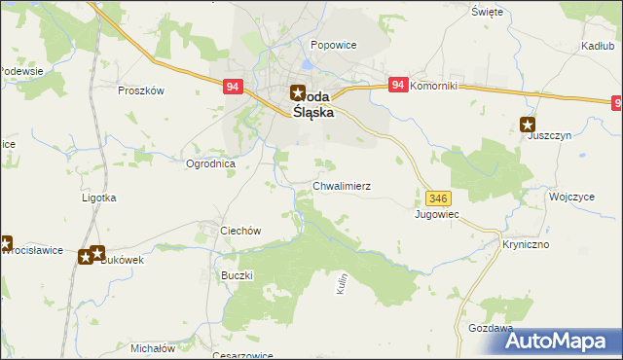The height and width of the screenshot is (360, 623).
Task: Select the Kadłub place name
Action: coord(595,46)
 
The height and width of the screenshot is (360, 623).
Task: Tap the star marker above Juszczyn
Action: coord(528,124)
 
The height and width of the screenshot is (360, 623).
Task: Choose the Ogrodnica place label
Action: coord(211,163)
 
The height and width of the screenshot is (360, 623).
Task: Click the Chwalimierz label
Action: coord(341,185)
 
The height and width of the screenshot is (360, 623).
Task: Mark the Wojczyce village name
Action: coord(571,196)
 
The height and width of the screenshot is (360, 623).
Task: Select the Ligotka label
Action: coord(98,198)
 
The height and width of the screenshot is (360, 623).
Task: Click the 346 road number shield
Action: coord(436,198)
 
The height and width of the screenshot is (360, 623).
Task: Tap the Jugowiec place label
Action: coord(436,213)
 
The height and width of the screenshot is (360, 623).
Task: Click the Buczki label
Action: coord(238,275)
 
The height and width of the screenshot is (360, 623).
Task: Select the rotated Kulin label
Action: coord(343,284)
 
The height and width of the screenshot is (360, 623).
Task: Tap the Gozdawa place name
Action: coord(490,329)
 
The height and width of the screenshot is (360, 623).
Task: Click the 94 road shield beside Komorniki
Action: coord(397,86)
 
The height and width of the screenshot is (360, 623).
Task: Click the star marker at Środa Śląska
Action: coord(298,94)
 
